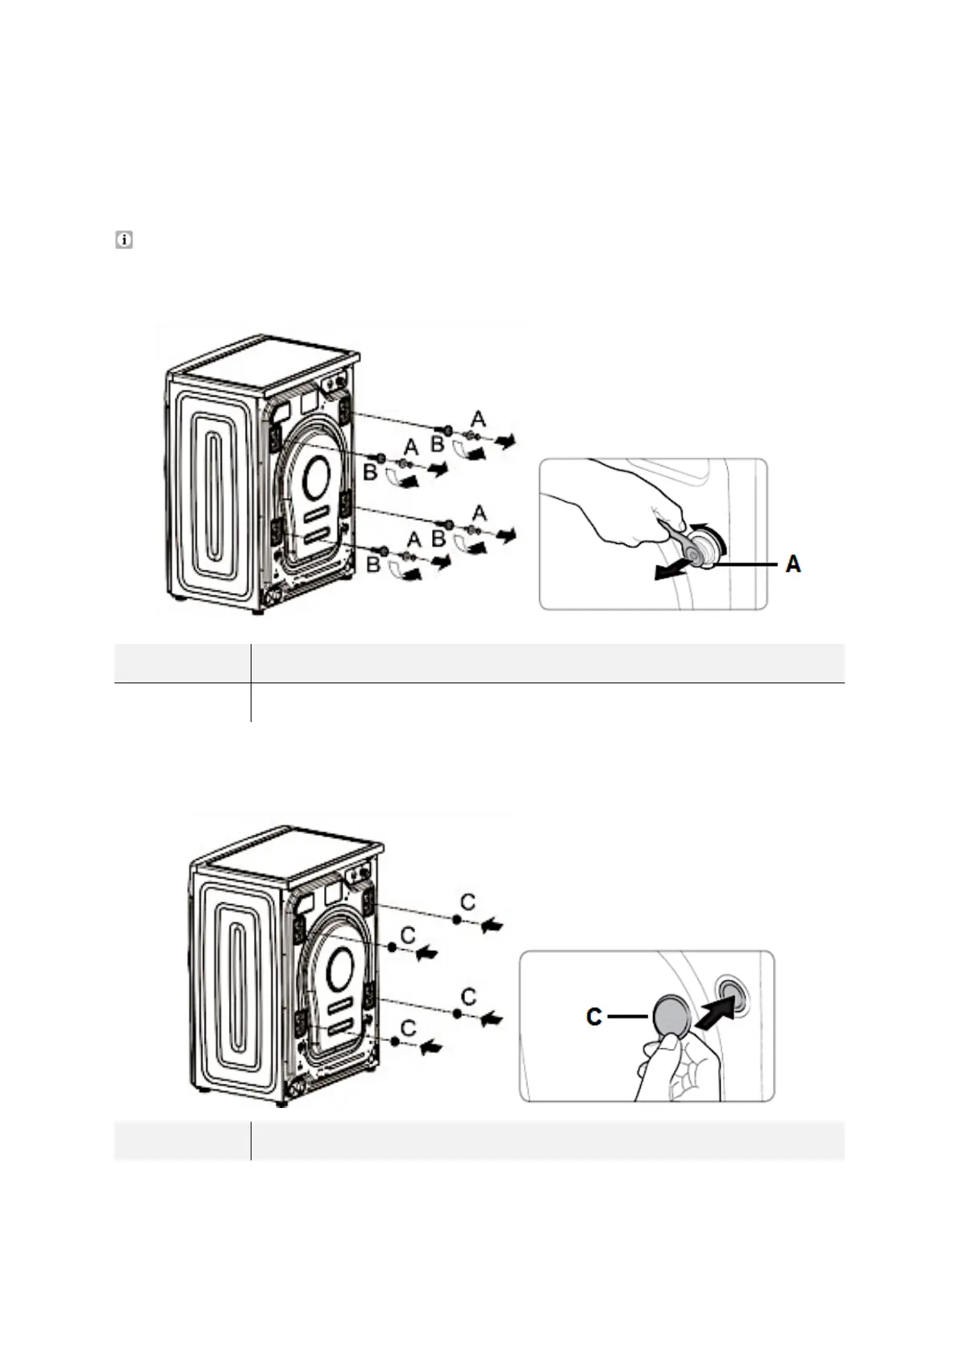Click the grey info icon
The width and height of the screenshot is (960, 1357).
[124, 239]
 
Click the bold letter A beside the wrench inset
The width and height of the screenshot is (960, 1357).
[793, 565]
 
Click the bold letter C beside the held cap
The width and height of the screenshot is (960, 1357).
[594, 1017]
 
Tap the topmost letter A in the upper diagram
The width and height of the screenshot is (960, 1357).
[478, 418]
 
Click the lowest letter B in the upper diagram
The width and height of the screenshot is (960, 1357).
[373, 566]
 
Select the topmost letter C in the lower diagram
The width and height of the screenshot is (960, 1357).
[466, 898]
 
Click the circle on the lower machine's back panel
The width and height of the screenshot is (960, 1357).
[339, 963]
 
